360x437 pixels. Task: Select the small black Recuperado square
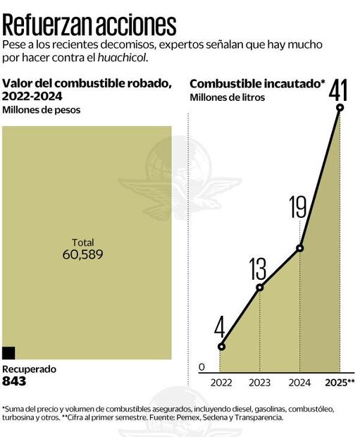8,353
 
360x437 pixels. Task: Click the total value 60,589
83,254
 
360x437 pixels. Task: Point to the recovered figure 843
14,381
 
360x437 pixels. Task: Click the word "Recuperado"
29,369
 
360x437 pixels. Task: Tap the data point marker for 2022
221,346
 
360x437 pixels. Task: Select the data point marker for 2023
260,287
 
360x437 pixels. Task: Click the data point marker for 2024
300,247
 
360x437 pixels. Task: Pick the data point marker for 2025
340,107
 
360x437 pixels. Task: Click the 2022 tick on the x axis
221,383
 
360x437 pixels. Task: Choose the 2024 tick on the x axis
300,383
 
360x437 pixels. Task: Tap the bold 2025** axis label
340,383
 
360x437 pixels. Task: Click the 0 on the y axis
201,367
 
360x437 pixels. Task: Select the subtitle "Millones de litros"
227,98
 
